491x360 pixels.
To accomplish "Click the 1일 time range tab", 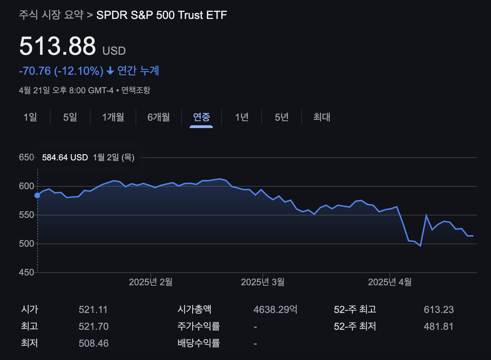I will [x=30, y=117].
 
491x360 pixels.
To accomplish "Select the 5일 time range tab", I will [x=70, y=117].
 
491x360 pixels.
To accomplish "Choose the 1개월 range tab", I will [x=113, y=117].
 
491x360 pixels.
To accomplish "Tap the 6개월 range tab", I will [x=159, y=117].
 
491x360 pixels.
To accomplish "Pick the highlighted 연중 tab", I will [x=201, y=117].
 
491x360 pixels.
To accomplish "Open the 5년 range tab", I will [x=282, y=117].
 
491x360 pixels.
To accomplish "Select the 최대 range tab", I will [x=322, y=117].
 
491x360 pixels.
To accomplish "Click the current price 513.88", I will [x=58, y=46].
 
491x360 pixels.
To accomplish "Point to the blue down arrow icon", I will [x=110, y=71].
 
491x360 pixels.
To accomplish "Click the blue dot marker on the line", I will [x=37, y=195].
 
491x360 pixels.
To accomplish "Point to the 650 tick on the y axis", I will [x=26, y=157].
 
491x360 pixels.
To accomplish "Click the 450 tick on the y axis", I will [x=26, y=272].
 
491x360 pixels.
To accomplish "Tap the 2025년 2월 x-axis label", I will [x=151, y=282].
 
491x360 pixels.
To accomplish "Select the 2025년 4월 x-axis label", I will [x=389, y=282].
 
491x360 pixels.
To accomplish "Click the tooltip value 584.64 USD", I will [x=65, y=158].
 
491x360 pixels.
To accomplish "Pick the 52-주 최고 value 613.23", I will [x=439, y=309].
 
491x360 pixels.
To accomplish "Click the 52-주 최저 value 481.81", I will [x=439, y=326].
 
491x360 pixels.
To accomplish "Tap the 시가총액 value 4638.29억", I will [x=275, y=309].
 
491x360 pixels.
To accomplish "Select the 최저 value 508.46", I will [x=94, y=343].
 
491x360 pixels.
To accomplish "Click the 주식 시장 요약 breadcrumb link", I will [x=51, y=15].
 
